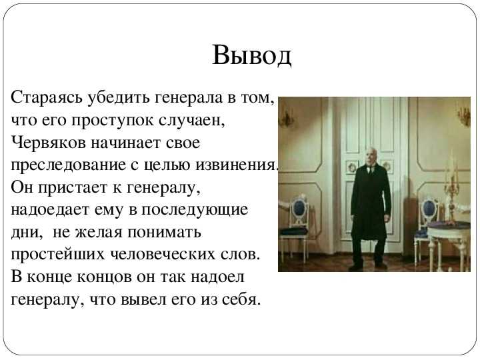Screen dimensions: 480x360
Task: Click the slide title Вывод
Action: click(x=251, y=55)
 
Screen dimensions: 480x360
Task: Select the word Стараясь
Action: click(x=47, y=98)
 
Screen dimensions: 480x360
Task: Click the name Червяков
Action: click(x=49, y=143)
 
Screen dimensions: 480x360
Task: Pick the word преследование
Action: click(x=68, y=165)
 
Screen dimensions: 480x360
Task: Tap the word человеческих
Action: click(x=162, y=255)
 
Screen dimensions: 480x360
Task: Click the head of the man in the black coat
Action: click(x=371, y=155)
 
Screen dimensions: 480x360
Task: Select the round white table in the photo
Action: click(x=449, y=242)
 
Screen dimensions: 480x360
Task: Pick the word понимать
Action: click(x=164, y=233)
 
